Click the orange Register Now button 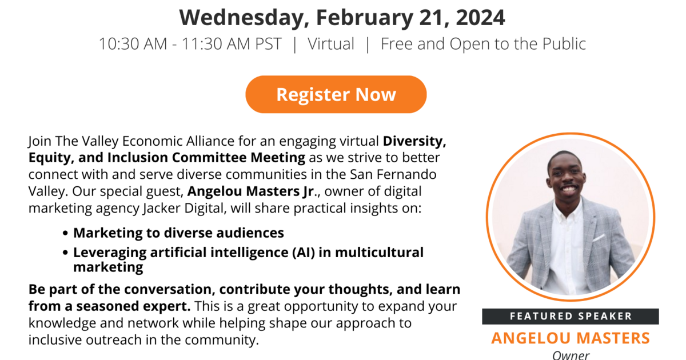336,94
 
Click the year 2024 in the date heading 480,18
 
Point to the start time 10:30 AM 133,43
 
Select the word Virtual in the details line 331,43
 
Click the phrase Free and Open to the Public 483,44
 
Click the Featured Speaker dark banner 571,316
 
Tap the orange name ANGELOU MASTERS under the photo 571,338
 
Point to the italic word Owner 571,355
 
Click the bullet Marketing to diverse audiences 178,233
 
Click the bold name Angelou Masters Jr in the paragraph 250,191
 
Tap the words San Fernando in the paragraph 393,174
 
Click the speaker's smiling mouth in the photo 569,189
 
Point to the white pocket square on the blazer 599,237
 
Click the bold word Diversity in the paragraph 414,142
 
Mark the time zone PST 268,43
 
